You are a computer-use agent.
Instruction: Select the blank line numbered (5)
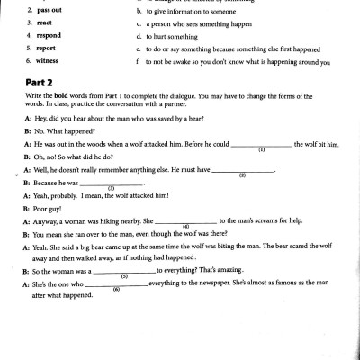(x=124, y=271)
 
